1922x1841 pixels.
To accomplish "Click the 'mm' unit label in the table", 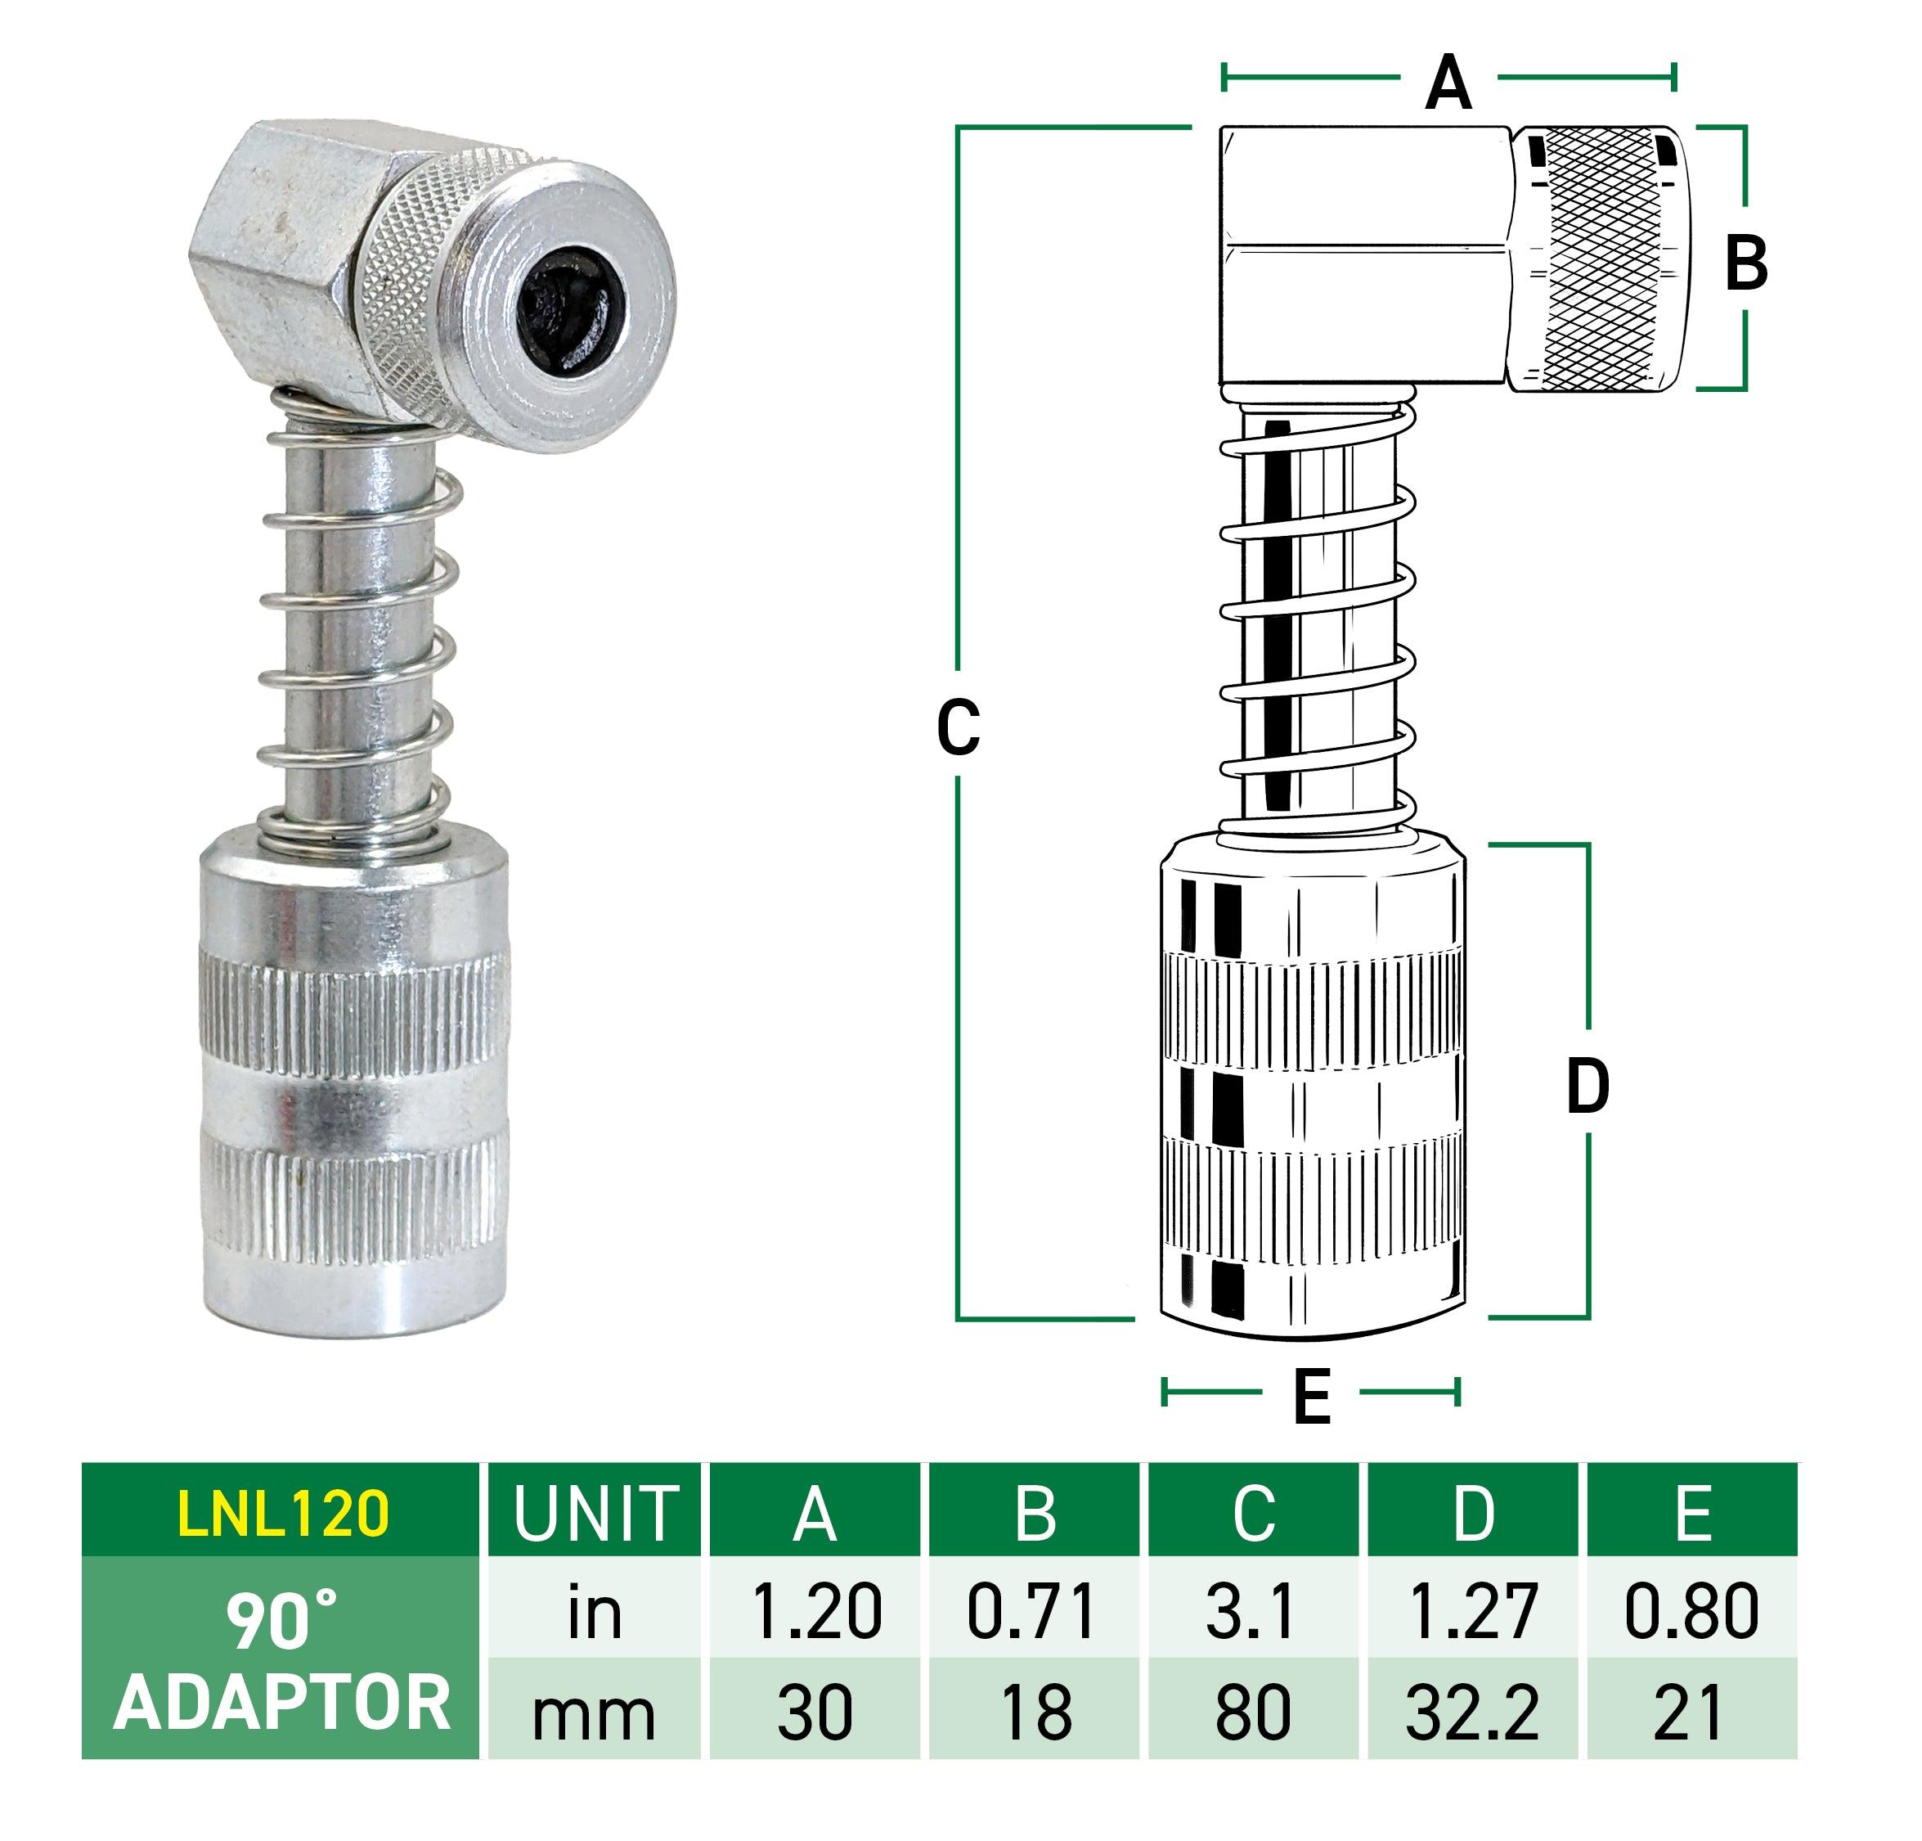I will [595, 1713].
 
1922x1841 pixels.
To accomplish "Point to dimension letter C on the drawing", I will [958, 727].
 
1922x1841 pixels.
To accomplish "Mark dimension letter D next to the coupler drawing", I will [1587, 1087].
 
